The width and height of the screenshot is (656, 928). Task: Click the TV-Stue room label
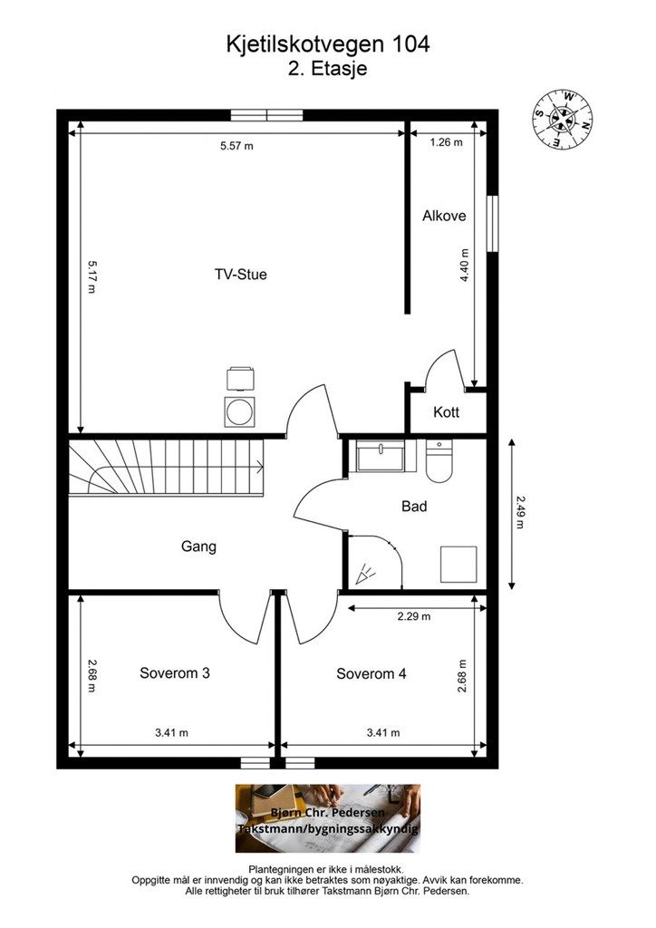click(240, 275)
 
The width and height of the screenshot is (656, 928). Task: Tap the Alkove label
click(444, 216)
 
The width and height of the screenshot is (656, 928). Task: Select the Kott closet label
click(446, 412)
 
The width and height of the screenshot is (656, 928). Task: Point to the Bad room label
click(414, 506)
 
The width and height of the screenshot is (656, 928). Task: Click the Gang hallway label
click(198, 546)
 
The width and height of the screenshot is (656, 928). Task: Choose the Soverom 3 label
click(175, 673)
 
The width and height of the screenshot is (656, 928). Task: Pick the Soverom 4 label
click(371, 673)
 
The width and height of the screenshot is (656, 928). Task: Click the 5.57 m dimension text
click(236, 146)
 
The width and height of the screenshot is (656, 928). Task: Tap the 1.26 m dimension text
click(446, 142)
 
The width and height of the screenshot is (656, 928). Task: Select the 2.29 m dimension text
click(414, 616)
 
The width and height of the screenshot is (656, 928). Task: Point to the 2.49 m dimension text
click(520, 512)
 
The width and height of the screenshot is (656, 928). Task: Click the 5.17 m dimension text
click(92, 276)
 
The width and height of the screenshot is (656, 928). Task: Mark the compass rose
click(563, 120)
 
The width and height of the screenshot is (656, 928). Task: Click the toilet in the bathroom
click(439, 460)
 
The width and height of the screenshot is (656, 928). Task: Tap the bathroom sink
click(381, 456)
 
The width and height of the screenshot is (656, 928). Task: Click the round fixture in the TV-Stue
click(240, 411)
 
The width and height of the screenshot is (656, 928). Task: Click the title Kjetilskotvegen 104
click(328, 44)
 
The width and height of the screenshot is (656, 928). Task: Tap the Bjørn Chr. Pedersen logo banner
click(328, 818)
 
